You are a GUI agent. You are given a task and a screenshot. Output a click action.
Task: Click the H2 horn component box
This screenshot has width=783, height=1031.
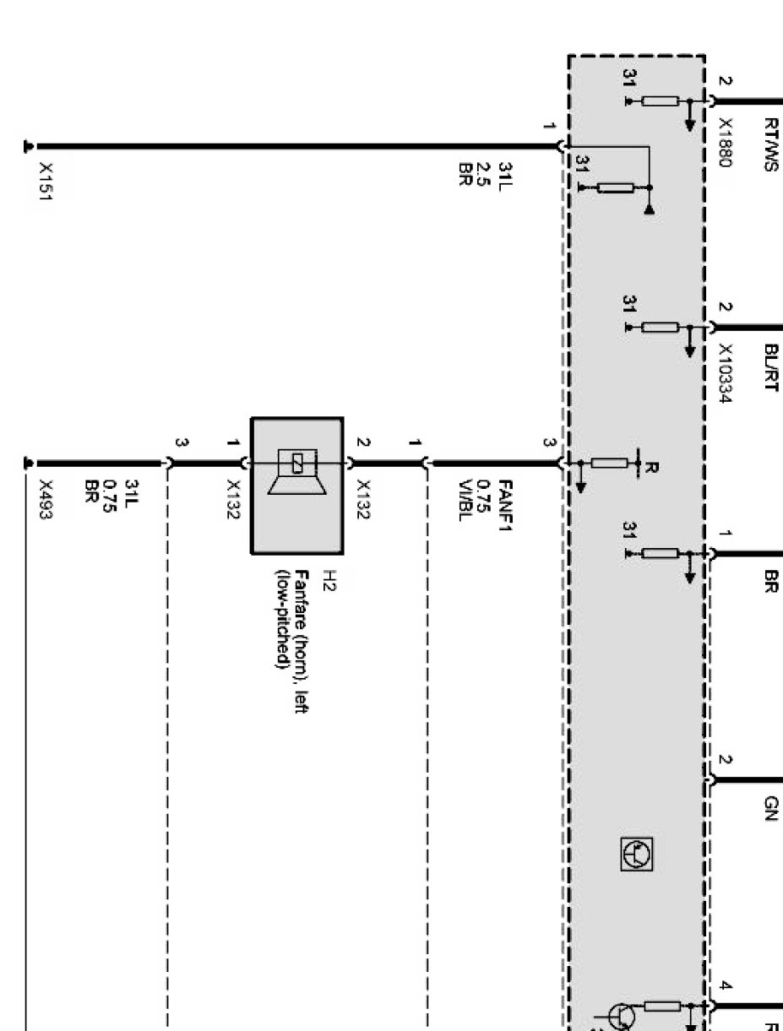pos(296,486)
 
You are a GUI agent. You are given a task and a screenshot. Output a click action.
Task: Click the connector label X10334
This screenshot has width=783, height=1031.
pos(724,372)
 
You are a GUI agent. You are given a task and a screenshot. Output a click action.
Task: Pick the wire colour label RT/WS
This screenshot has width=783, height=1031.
pos(769,144)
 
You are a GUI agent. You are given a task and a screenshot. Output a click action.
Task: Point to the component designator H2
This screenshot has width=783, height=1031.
pos(329,581)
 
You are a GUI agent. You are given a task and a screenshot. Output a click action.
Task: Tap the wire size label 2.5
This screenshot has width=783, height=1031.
pos(484,175)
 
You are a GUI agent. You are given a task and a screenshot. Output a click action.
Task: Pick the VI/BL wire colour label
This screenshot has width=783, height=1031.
pos(464,501)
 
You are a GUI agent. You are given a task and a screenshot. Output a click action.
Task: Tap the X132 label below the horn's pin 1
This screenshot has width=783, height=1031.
pos(232,499)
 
